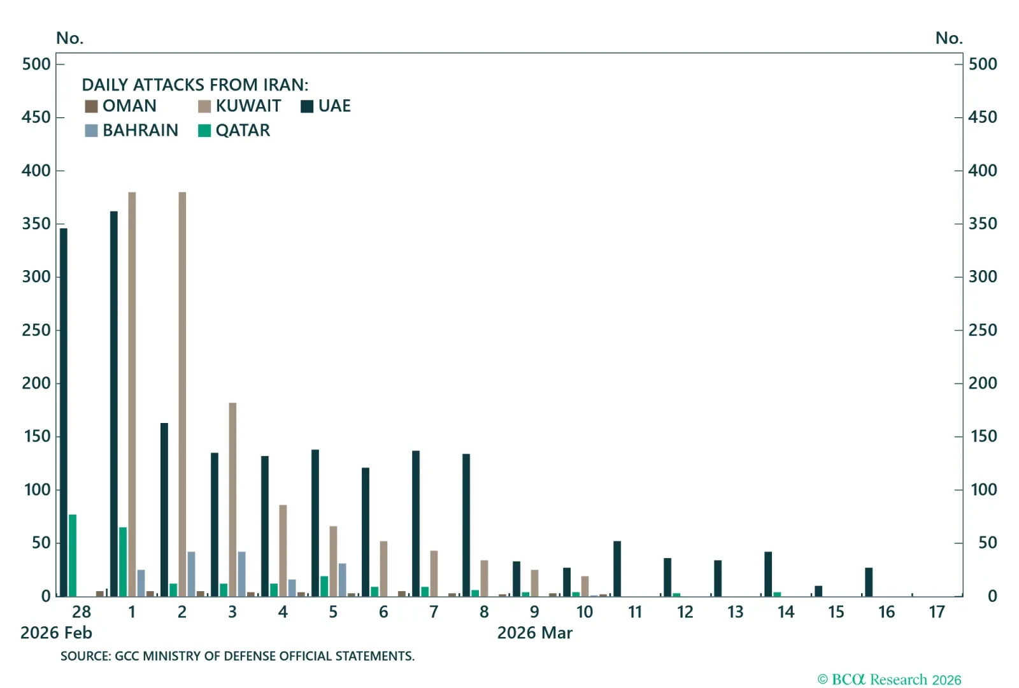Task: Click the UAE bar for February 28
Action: coord(64,412)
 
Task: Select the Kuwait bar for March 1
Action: coord(132,394)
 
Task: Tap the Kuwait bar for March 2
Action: coord(182,394)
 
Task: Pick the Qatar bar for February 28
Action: coord(73,555)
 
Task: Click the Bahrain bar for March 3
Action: coord(241,574)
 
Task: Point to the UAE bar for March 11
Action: coord(617,569)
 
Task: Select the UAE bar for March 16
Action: coord(869,582)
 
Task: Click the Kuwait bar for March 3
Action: coord(232,499)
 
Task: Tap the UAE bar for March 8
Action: coord(466,525)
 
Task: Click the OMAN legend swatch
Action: coord(92,106)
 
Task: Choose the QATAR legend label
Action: coord(243,131)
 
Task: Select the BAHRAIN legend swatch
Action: coord(92,131)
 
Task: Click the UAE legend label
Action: coord(334,106)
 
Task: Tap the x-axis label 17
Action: coord(937,612)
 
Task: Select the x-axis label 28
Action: coord(82,612)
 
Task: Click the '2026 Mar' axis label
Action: coord(534,633)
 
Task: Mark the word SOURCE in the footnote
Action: coord(85,656)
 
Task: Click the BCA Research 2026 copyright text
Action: coord(889,680)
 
